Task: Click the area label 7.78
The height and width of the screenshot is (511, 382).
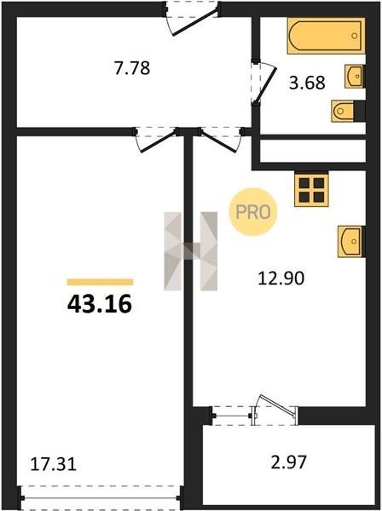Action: click(132, 68)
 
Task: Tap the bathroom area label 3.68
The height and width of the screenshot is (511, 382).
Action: click(307, 83)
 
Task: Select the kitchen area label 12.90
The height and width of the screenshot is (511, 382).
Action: click(281, 278)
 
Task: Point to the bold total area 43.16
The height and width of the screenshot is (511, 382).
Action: click(100, 304)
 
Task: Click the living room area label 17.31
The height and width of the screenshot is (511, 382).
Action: click(53, 464)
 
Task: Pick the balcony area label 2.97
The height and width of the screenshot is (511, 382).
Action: click(289, 462)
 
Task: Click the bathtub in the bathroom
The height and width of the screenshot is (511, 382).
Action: click(326, 36)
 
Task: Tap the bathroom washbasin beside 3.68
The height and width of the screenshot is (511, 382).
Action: click(355, 77)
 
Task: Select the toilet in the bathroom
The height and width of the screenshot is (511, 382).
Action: click(347, 111)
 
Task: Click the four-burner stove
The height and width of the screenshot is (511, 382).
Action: click(311, 189)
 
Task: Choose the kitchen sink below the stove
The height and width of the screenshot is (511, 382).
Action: click(351, 242)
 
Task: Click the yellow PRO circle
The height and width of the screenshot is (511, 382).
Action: click(252, 212)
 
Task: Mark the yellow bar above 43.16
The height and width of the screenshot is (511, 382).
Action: click(100, 282)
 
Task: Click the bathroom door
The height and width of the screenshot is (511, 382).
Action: click(264, 83)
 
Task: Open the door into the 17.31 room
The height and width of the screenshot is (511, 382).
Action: click(155, 140)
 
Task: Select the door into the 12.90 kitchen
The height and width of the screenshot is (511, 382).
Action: click(221, 140)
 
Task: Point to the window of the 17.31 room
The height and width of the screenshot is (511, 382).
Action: click(100, 498)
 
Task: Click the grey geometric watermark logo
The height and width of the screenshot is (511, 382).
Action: click(190, 251)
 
